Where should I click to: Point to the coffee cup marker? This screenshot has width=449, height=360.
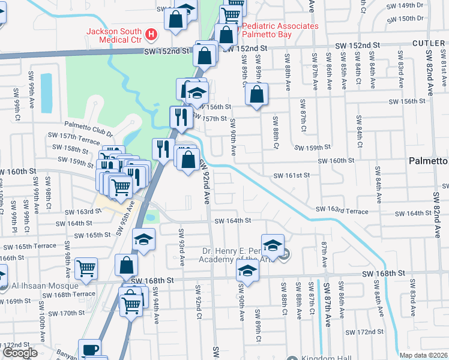pyautogui.click(x=89, y=350)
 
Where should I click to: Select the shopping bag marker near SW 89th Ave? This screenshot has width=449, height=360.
pyautogui.click(x=257, y=94)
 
